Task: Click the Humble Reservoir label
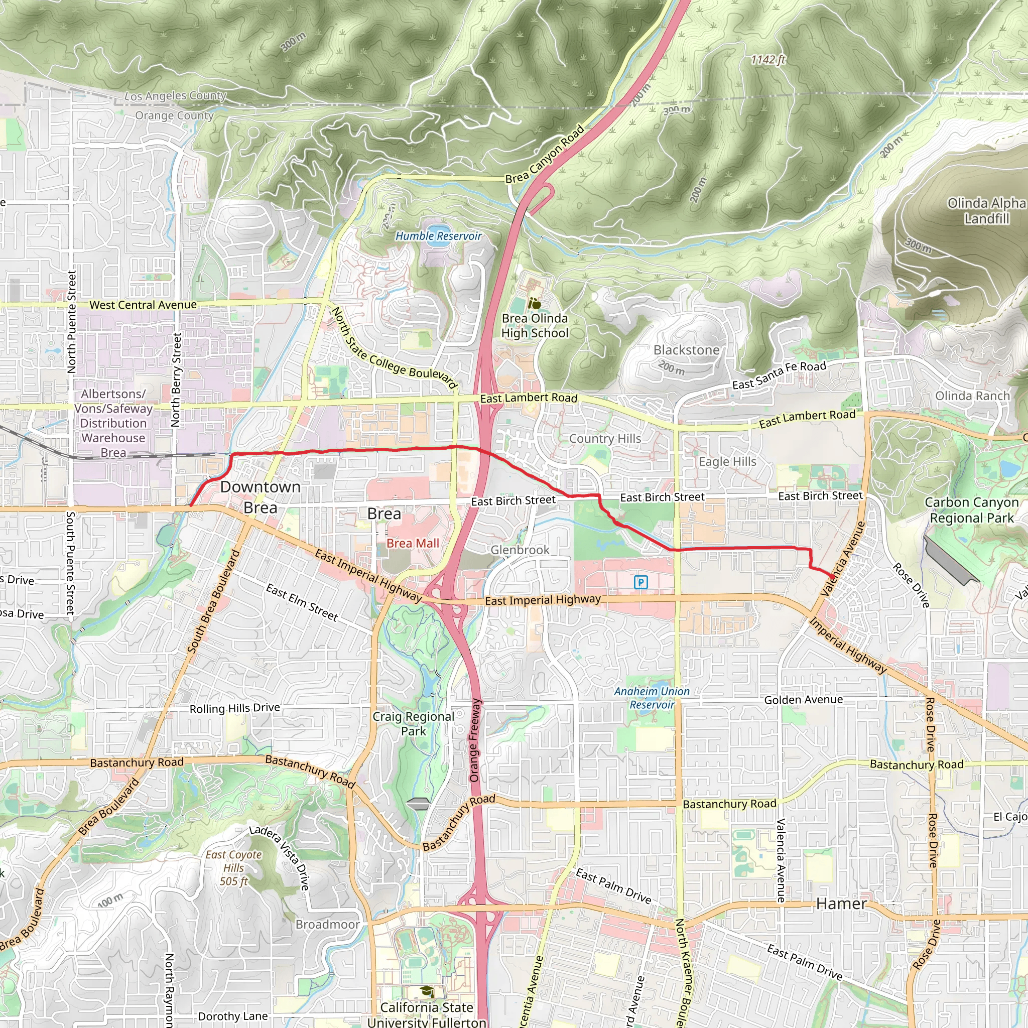point(438,236)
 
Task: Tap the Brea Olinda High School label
point(535,326)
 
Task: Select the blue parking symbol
point(640,582)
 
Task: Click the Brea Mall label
point(413,543)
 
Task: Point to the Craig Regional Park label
point(414,724)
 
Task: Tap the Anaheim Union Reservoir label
point(652,698)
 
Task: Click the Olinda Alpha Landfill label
point(986,211)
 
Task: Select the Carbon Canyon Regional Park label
point(972,510)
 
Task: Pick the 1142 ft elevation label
point(768,60)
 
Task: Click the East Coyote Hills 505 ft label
point(234,868)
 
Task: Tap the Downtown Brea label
point(260,497)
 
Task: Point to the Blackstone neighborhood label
point(686,350)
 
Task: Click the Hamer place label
point(841,904)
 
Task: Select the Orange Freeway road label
point(475,740)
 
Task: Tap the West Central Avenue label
point(143,305)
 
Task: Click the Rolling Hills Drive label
point(234,708)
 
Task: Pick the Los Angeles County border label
point(176,96)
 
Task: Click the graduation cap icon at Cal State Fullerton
point(426,991)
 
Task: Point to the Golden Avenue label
point(804,700)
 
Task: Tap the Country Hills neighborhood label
point(605,438)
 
